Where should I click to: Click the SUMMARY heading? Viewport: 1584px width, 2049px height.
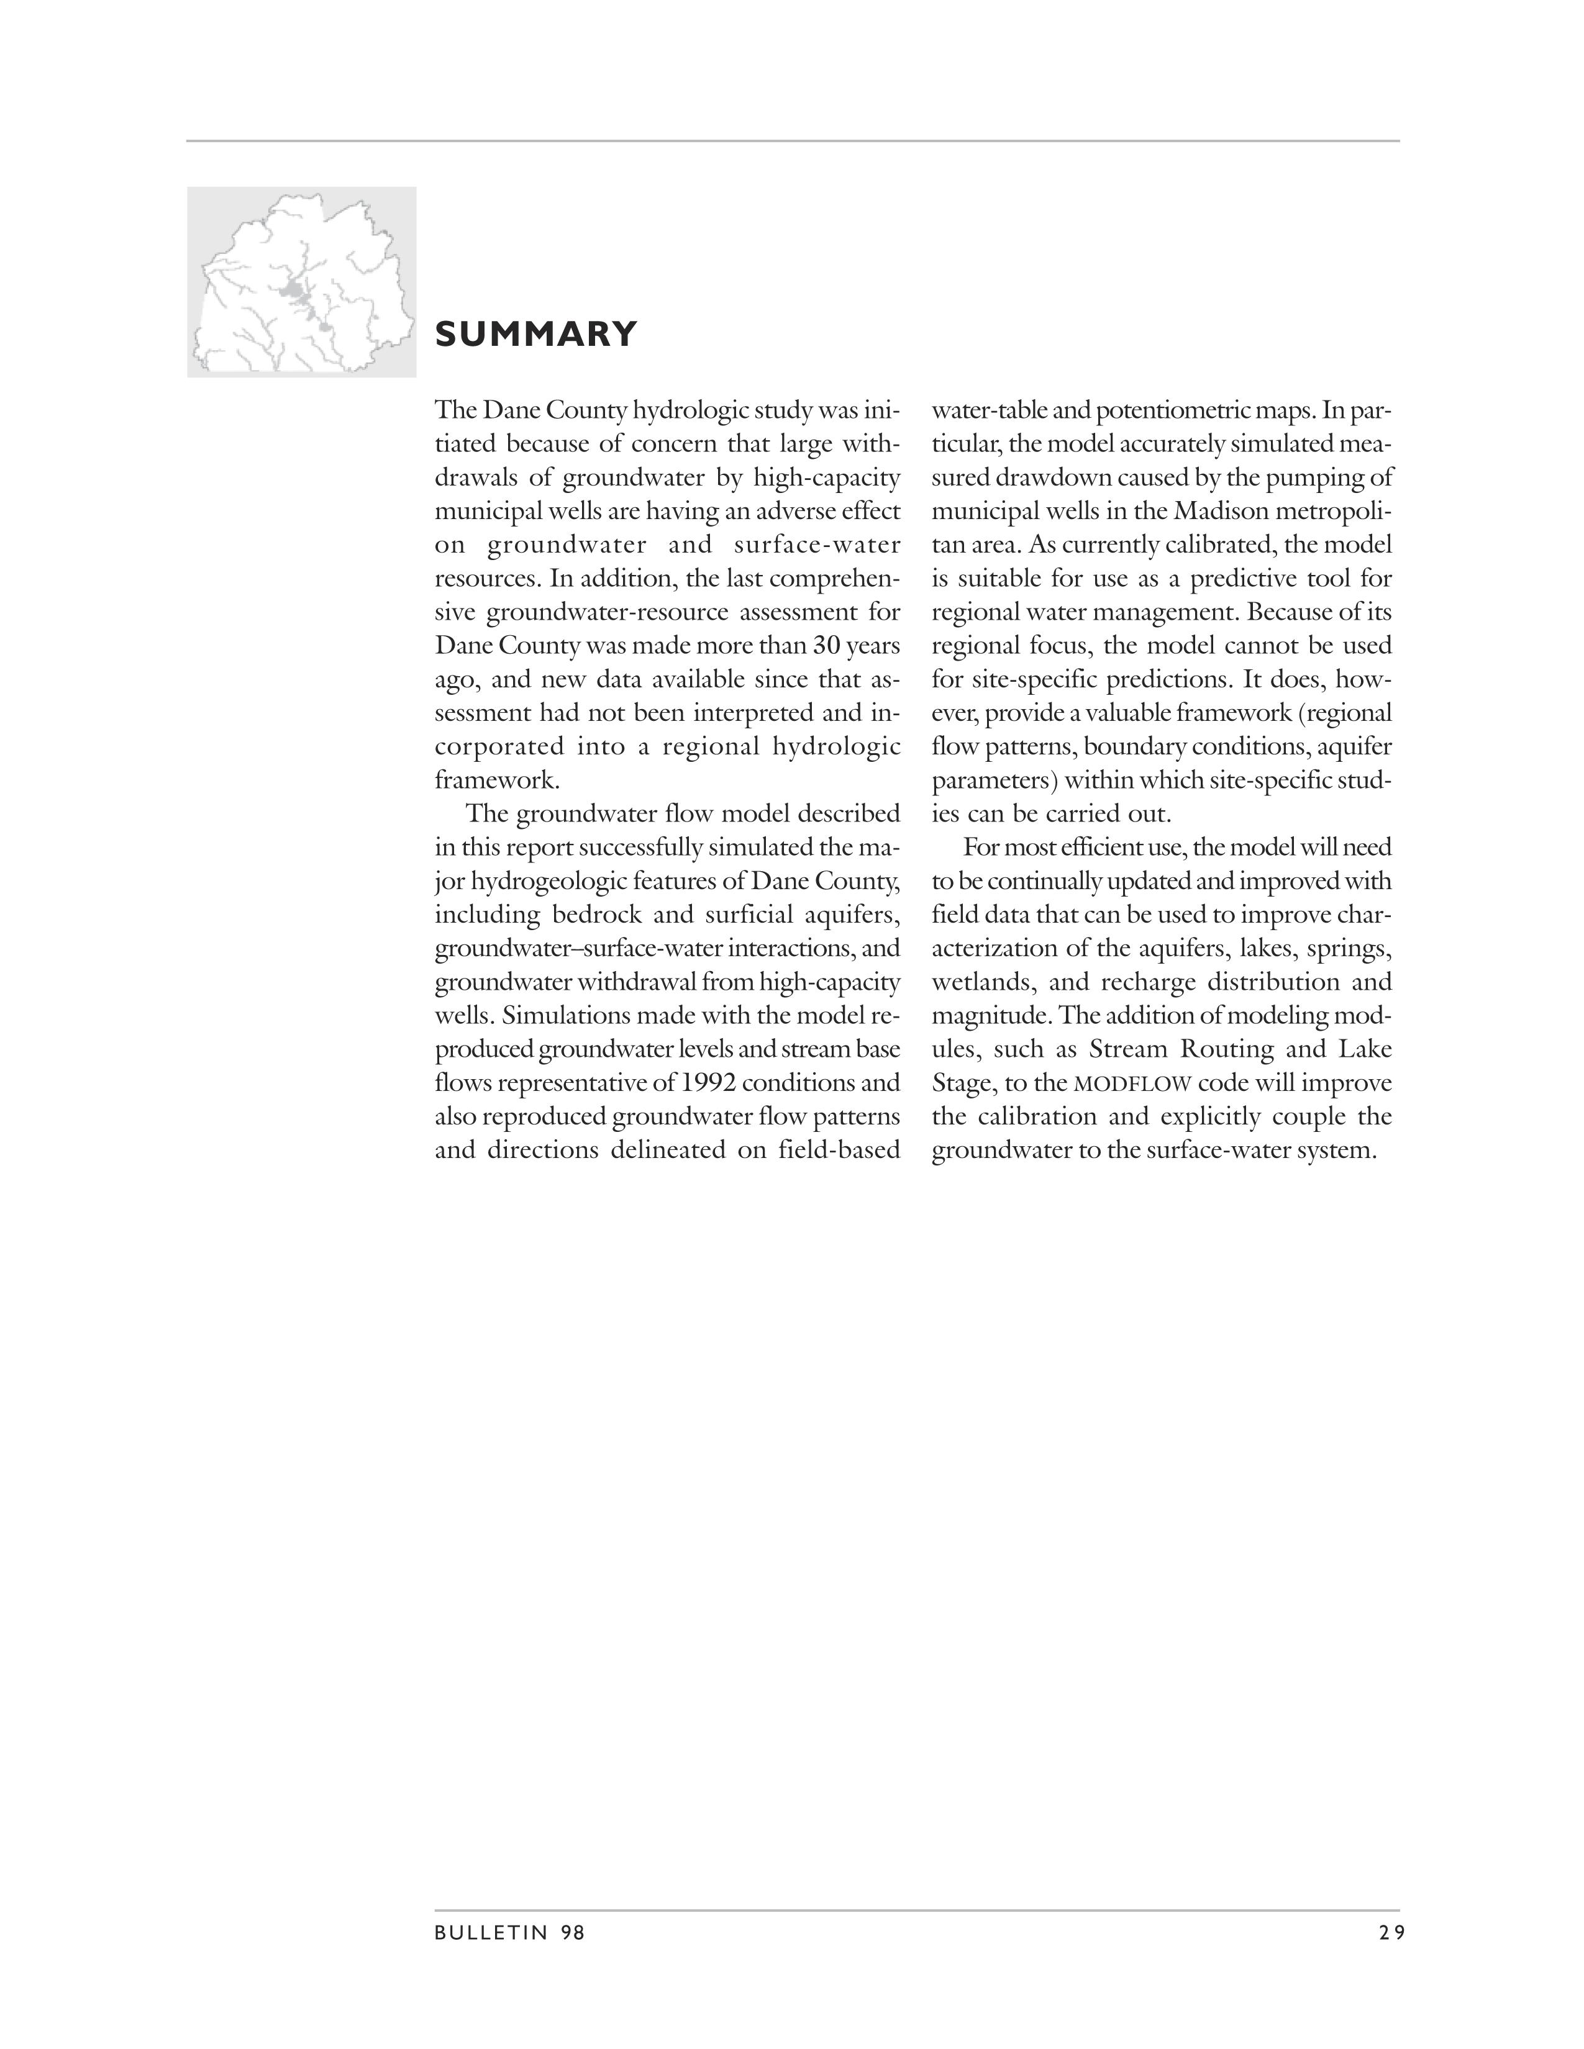coord(536,334)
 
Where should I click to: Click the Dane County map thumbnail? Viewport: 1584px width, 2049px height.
coord(301,281)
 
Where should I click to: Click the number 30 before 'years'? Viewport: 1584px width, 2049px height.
coord(825,646)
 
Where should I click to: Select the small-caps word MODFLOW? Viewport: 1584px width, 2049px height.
coord(1132,1083)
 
